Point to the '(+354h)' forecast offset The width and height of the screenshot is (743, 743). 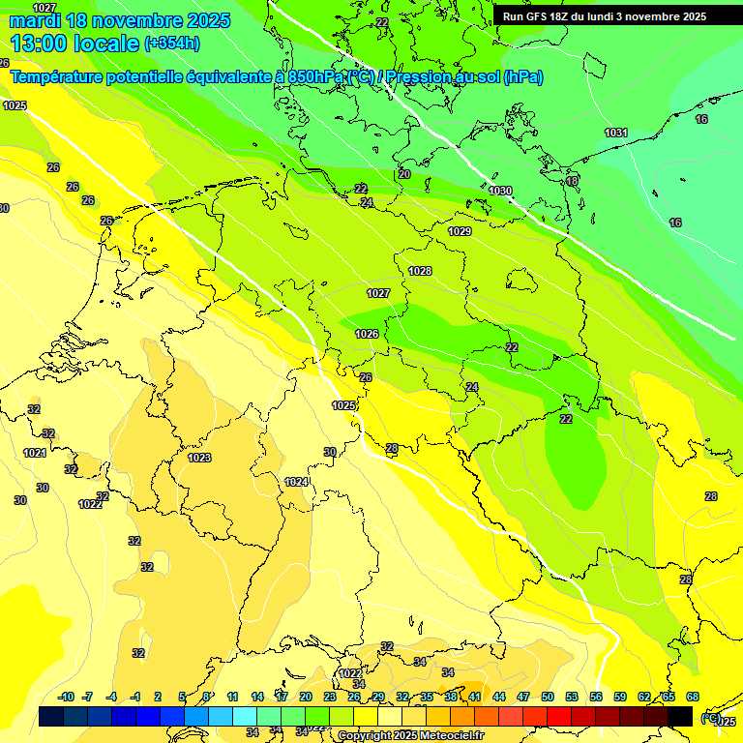(x=171, y=44)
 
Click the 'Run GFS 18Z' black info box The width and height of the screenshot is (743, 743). (x=605, y=16)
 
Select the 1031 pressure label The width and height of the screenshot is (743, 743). (x=616, y=133)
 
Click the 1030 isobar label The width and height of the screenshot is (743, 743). (x=500, y=191)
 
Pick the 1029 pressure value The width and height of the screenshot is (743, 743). (x=460, y=231)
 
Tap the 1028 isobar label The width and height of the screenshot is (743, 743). (x=420, y=271)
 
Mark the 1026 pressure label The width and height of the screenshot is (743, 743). (x=367, y=334)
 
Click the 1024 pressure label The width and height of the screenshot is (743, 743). (x=296, y=482)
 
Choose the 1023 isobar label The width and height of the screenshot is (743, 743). (x=199, y=458)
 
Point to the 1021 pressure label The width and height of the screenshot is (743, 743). (x=35, y=453)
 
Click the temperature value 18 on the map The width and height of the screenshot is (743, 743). (x=572, y=181)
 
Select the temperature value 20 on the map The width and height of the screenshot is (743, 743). (x=404, y=174)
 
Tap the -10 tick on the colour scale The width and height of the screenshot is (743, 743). (x=67, y=697)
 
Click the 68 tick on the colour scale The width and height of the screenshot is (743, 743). (x=693, y=697)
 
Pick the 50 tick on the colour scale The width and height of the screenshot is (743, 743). (x=548, y=697)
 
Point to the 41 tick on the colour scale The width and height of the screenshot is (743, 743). (x=475, y=697)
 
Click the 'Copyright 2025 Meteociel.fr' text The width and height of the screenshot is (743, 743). (x=411, y=735)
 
